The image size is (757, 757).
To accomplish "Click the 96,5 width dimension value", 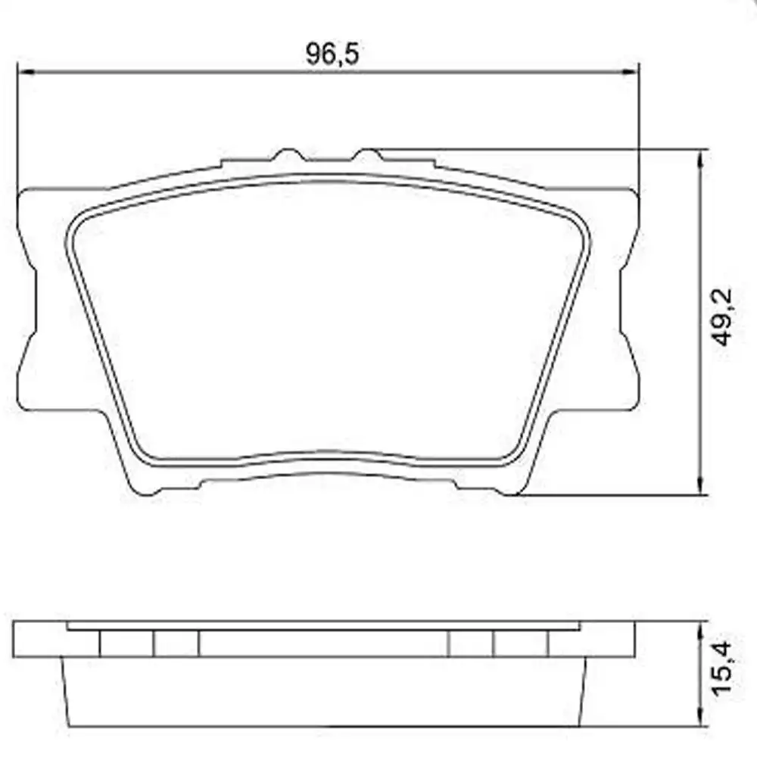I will (331, 54).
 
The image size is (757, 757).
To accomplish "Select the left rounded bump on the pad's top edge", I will (288, 155).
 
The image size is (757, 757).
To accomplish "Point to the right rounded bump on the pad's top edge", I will (368, 155).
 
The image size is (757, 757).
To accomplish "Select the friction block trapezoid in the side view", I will (326, 690).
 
